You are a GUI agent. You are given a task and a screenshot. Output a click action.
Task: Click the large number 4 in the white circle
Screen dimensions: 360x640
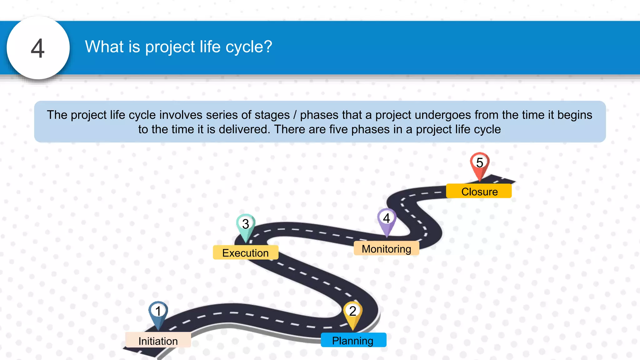click(x=38, y=48)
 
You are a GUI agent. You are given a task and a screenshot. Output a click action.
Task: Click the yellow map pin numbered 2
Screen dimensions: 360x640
click(x=353, y=313)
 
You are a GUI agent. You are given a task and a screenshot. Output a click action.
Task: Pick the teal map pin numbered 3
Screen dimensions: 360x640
click(x=246, y=226)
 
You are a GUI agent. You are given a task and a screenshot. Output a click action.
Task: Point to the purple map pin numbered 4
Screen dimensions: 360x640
click(x=387, y=220)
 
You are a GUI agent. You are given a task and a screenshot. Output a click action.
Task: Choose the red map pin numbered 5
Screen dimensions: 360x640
click(x=480, y=164)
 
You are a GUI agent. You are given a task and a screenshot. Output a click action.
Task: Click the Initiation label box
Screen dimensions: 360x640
click(x=158, y=341)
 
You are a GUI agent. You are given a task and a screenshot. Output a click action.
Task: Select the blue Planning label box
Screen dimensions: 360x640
click(x=353, y=340)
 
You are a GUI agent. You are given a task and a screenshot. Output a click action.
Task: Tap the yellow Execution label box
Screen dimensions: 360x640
click(x=246, y=253)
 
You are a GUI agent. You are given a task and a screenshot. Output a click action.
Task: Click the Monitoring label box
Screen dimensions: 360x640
click(x=386, y=249)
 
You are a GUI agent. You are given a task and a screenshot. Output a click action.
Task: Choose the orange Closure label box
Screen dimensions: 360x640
click(x=479, y=191)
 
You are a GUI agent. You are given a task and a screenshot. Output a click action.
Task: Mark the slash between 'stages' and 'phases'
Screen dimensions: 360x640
click(x=295, y=115)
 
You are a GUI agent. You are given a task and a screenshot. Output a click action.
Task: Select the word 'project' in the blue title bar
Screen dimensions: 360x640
click(x=170, y=47)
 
